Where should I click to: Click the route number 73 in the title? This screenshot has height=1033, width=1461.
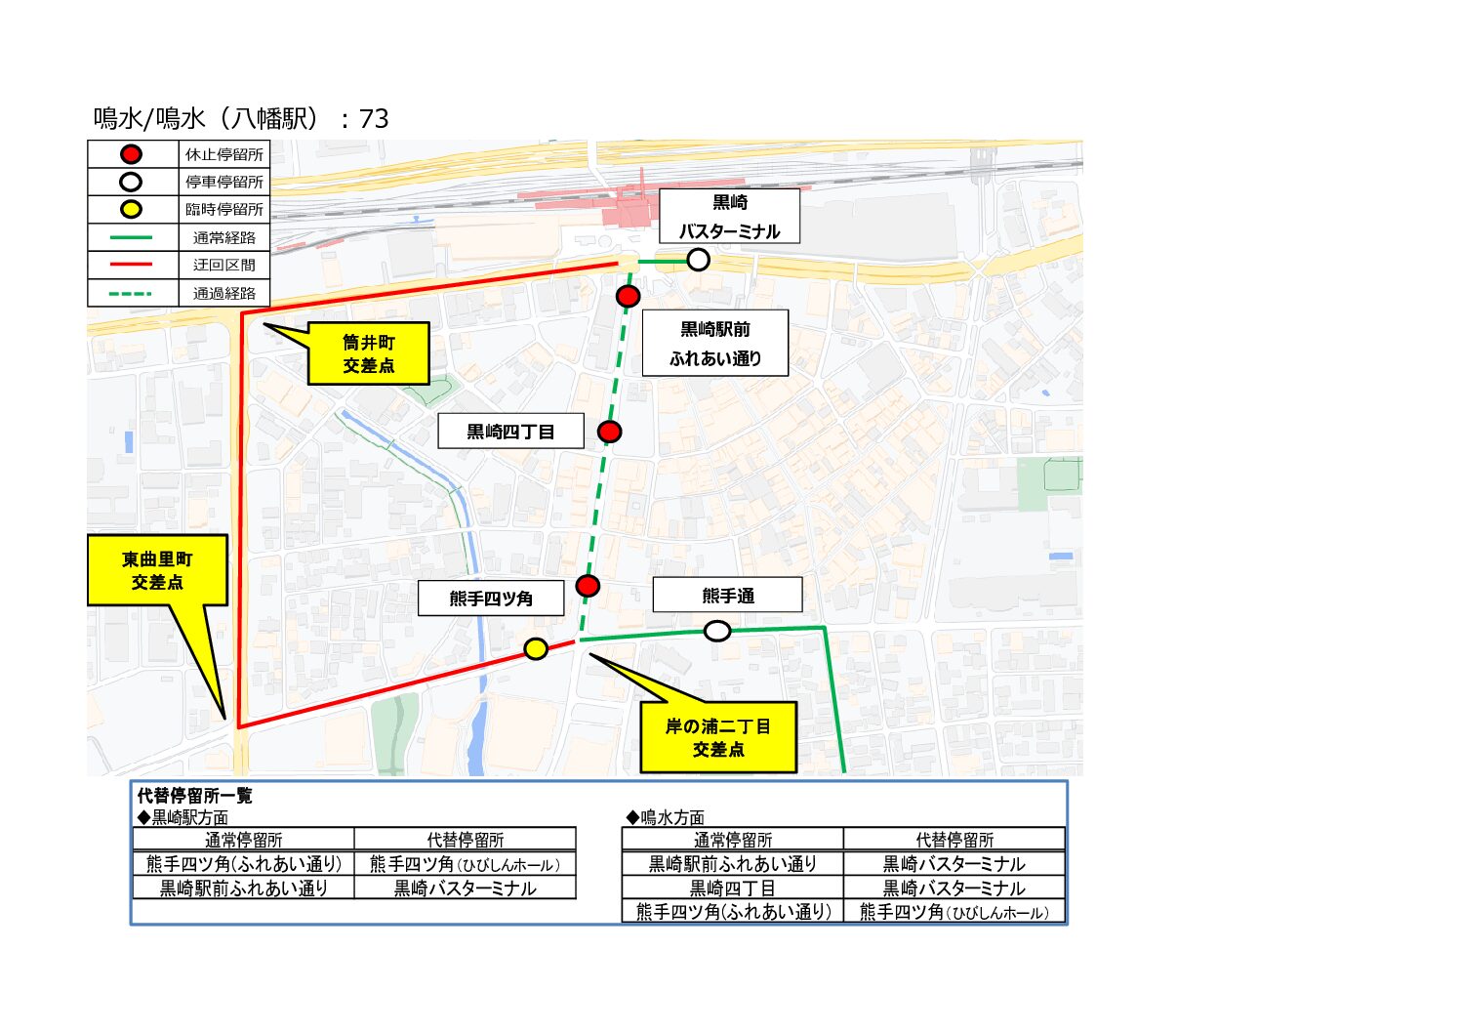[374, 119]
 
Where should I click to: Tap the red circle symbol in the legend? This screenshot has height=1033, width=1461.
[131, 154]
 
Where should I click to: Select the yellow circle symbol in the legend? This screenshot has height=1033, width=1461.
[131, 209]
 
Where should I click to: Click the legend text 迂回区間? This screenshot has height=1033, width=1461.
[224, 265]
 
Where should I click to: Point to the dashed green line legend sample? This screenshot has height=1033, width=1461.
[131, 293]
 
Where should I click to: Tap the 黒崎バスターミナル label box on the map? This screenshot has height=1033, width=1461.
[729, 216]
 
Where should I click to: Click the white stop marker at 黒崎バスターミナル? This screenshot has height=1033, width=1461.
[698, 260]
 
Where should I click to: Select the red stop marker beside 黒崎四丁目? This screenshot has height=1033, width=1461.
[610, 432]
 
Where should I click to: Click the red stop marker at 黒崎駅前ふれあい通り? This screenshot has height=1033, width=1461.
[628, 296]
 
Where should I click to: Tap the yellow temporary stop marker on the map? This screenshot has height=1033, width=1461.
[536, 648]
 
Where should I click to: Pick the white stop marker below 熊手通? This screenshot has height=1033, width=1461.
[717, 631]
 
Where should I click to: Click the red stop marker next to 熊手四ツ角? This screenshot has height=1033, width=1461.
[588, 586]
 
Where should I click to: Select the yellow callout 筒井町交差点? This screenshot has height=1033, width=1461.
[368, 353]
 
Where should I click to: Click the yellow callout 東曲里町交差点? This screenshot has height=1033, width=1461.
[157, 570]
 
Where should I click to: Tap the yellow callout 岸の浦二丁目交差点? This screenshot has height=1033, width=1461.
[717, 737]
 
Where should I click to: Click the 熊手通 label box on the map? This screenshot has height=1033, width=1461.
[727, 595]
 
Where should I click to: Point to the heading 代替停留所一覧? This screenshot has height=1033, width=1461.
[195, 796]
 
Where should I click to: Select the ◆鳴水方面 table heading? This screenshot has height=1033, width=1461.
[666, 817]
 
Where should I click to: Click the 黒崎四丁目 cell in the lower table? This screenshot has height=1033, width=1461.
[732, 888]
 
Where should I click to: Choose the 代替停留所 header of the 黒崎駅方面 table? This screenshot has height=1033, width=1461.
[465, 840]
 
